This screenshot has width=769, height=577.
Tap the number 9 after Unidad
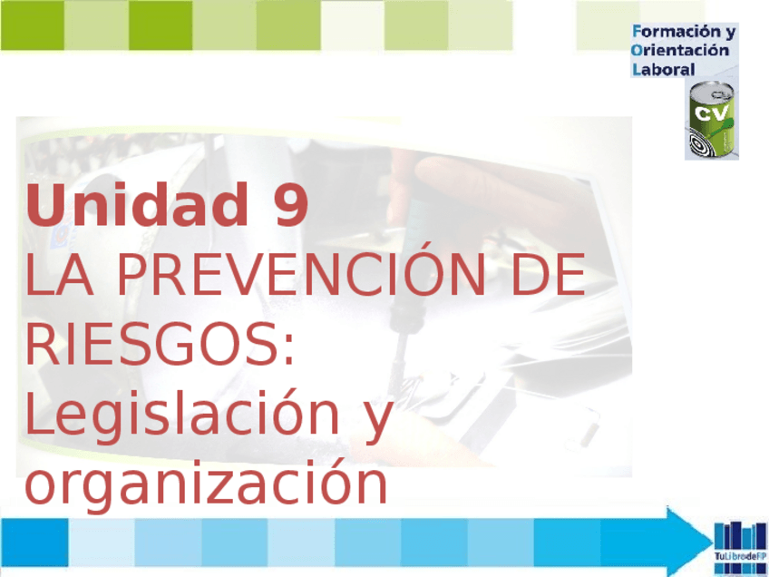[x=292, y=205]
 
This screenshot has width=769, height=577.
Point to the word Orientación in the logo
[x=681, y=50]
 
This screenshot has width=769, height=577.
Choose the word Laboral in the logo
[x=664, y=69]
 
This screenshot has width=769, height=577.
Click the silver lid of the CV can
[x=712, y=92]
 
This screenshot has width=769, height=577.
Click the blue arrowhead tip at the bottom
[x=712, y=542]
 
